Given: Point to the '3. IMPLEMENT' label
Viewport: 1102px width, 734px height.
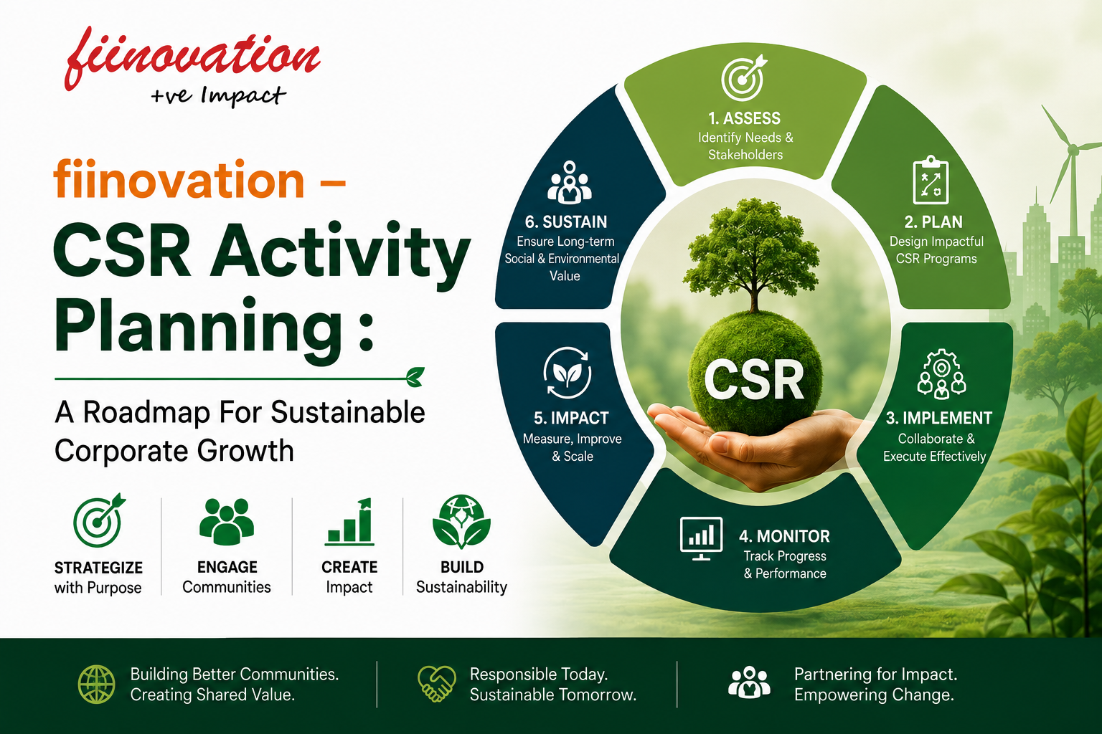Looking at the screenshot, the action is [938, 418].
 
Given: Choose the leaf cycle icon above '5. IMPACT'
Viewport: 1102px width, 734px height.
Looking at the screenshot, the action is [568, 372].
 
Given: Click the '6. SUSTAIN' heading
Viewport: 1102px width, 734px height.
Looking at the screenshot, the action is [566, 222].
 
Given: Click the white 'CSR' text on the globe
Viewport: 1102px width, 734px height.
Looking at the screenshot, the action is [754, 380].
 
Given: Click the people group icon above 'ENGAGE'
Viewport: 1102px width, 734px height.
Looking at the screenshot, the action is [227, 521].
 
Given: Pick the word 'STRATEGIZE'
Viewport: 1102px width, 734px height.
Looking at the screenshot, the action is [98, 568].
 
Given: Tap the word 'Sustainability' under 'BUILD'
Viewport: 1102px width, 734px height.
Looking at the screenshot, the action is [461, 587].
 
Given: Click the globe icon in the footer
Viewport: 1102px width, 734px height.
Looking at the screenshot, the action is [96, 685].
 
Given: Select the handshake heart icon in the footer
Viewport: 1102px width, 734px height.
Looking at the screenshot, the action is [436, 683].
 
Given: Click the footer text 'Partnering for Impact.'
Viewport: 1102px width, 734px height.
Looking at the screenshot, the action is [876, 674].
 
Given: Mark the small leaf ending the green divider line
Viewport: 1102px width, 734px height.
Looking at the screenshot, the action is [415, 376].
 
